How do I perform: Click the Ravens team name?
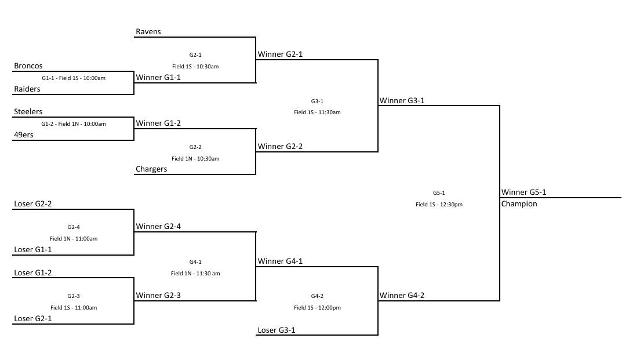(148, 32)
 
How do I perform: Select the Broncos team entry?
(28, 66)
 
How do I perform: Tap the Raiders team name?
(27, 89)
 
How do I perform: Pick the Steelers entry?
(28, 111)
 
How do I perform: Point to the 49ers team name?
(24, 135)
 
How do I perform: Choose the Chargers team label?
(151, 169)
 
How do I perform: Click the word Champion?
(519, 204)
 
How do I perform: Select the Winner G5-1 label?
(523, 192)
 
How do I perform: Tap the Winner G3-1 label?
(402, 101)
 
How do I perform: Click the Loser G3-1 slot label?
(277, 330)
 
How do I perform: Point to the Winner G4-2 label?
(402, 296)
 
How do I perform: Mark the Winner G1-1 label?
(158, 78)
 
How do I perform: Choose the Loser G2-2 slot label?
(33, 204)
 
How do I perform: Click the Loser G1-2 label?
(33, 273)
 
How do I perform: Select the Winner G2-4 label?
(158, 226)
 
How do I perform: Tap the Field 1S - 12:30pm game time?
(439, 204)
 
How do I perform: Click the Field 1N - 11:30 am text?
(195, 273)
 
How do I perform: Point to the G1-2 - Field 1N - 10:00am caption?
(74, 124)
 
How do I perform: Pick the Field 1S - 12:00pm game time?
(317, 308)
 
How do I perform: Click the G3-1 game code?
(317, 101)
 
